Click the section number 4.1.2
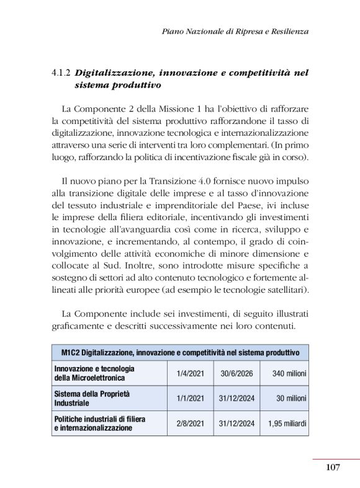[63, 73]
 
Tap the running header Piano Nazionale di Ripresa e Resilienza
[235, 30]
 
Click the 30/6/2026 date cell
[236, 373]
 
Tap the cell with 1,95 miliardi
[287, 424]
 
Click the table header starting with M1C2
[180, 352]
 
